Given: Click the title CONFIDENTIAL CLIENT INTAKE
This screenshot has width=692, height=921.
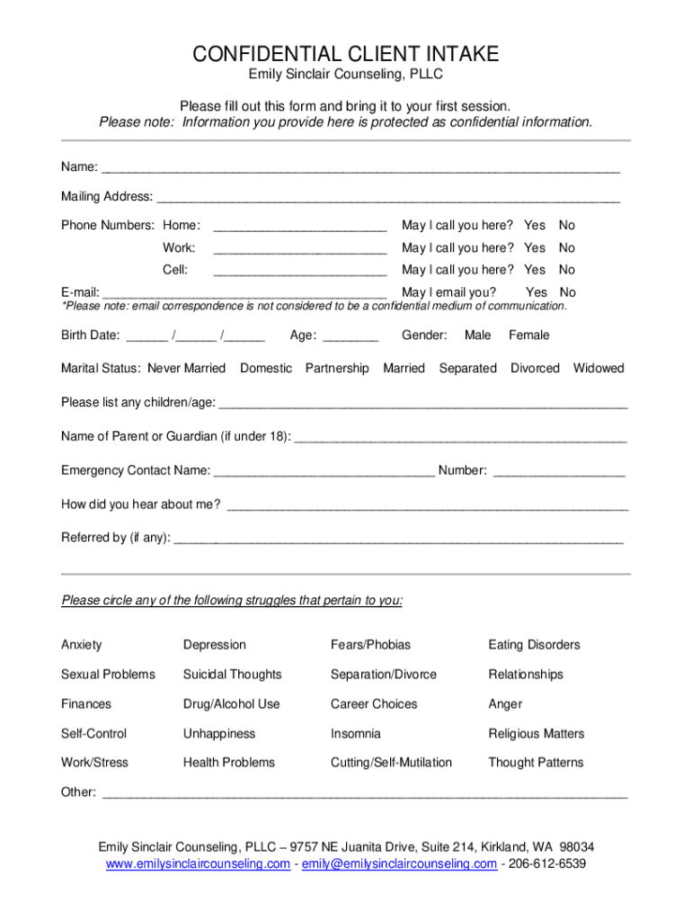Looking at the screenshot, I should click(346, 54).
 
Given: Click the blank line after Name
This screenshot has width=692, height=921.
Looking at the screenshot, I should click(359, 168).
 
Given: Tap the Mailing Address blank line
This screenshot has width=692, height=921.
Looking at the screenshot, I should click(386, 198).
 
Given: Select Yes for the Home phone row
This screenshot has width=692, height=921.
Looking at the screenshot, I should click(535, 225).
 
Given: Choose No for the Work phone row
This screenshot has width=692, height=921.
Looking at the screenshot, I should click(567, 247).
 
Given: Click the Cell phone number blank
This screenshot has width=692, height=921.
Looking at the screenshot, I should click(300, 271).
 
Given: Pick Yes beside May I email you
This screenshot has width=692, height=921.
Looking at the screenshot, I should click(537, 292).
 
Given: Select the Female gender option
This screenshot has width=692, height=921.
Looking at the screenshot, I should click(528, 335).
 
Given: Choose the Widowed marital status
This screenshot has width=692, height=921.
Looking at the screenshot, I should click(599, 368).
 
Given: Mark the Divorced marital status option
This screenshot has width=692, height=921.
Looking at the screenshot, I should click(535, 368).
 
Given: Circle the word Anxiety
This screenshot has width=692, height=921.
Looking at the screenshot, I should click(82, 645).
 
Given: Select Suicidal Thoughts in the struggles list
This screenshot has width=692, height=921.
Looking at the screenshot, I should click(232, 675).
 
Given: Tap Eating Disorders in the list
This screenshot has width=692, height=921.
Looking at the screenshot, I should click(534, 645).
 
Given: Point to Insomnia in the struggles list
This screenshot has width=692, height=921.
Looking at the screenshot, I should click(355, 733).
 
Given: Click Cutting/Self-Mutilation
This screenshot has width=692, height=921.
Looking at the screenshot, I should click(391, 763).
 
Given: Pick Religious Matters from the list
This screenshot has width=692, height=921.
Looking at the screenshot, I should click(536, 733).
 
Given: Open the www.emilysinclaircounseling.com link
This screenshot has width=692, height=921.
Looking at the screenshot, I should click(198, 864).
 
